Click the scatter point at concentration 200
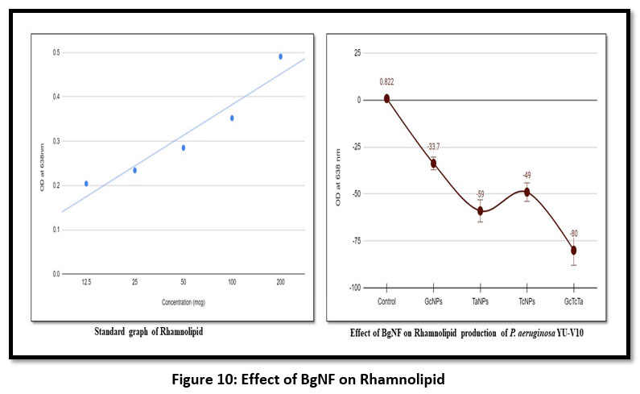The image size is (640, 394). pyautogui.click(x=280, y=56)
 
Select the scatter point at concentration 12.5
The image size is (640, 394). pyautogui.click(x=86, y=184)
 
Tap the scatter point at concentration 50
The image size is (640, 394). pyautogui.click(x=184, y=147)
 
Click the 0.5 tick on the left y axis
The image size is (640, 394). pyautogui.click(x=56, y=53)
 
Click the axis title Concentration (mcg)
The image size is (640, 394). pyautogui.click(x=183, y=302)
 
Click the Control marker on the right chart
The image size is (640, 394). pyautogui.click(x=386, y=98)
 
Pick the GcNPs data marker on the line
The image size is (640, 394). pyautogui.click(x=434, y=164)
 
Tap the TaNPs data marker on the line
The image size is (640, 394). pyautogui.click(x=481, y=211)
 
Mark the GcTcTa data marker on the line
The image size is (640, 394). pyautogui.click(x=574, y=251)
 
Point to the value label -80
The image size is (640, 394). pyautogui.click(x=574, y=234)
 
